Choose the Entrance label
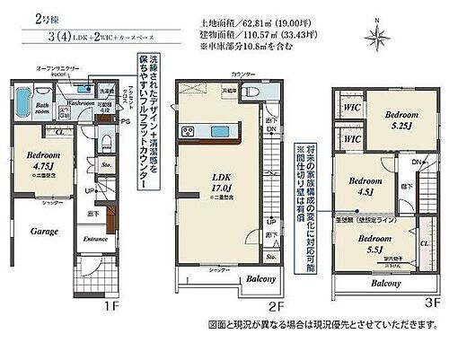[95, 240]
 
